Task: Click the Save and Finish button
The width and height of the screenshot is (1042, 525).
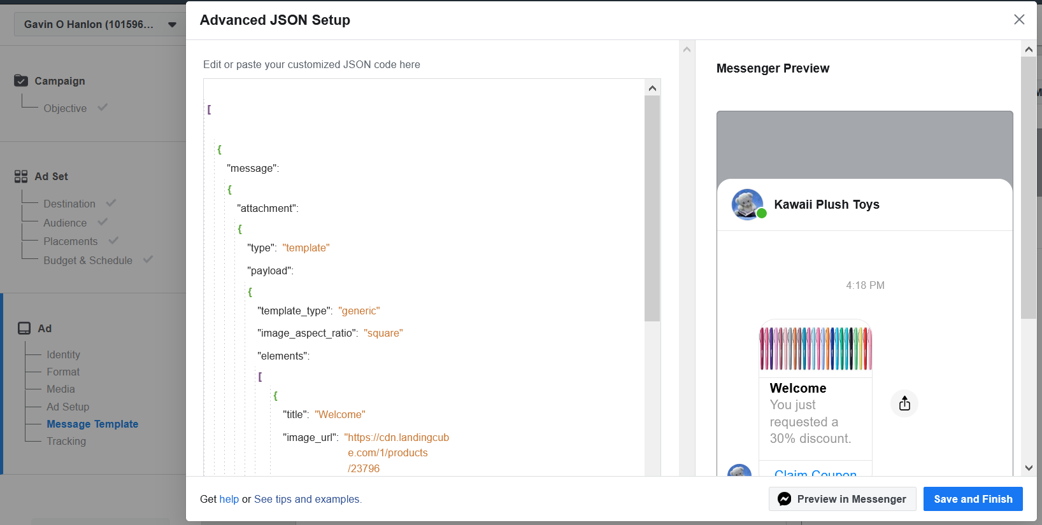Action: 973,499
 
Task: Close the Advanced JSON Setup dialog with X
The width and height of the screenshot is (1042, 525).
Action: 1019,20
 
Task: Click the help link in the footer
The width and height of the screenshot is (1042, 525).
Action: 229,499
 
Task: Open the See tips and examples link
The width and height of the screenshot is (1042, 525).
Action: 307,499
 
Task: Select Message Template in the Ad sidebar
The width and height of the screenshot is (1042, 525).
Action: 92,424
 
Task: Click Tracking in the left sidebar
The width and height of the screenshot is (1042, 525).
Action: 66,441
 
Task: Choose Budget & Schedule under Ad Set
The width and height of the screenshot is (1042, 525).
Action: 88,260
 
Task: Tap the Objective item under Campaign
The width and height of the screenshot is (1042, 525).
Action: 65,108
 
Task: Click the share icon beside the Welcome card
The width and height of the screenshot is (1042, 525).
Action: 904,403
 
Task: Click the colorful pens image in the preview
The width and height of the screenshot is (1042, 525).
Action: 815,349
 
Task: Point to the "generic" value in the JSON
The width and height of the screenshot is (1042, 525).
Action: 359,311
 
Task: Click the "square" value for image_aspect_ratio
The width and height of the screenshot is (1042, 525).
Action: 383,333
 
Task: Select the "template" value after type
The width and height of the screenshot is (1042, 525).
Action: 306,248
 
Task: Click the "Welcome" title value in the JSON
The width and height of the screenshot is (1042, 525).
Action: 340,414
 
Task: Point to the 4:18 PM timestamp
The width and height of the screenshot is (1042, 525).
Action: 865,285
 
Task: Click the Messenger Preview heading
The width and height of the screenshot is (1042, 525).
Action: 773,68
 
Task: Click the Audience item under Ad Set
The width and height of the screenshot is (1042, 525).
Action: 65,223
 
